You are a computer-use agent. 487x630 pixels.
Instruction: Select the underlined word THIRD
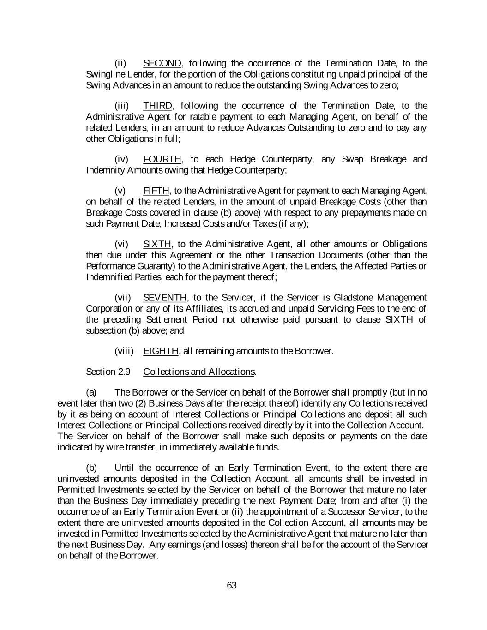pos(157,106)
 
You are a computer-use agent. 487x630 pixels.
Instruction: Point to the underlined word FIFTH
pos(156,191)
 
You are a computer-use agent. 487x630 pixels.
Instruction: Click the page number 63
pos(232,586)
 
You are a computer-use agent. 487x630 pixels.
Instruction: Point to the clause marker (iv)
pos(121,159)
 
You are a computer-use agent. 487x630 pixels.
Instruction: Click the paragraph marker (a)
pos(91,392)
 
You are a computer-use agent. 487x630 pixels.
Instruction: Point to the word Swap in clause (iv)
pos(353,159)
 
